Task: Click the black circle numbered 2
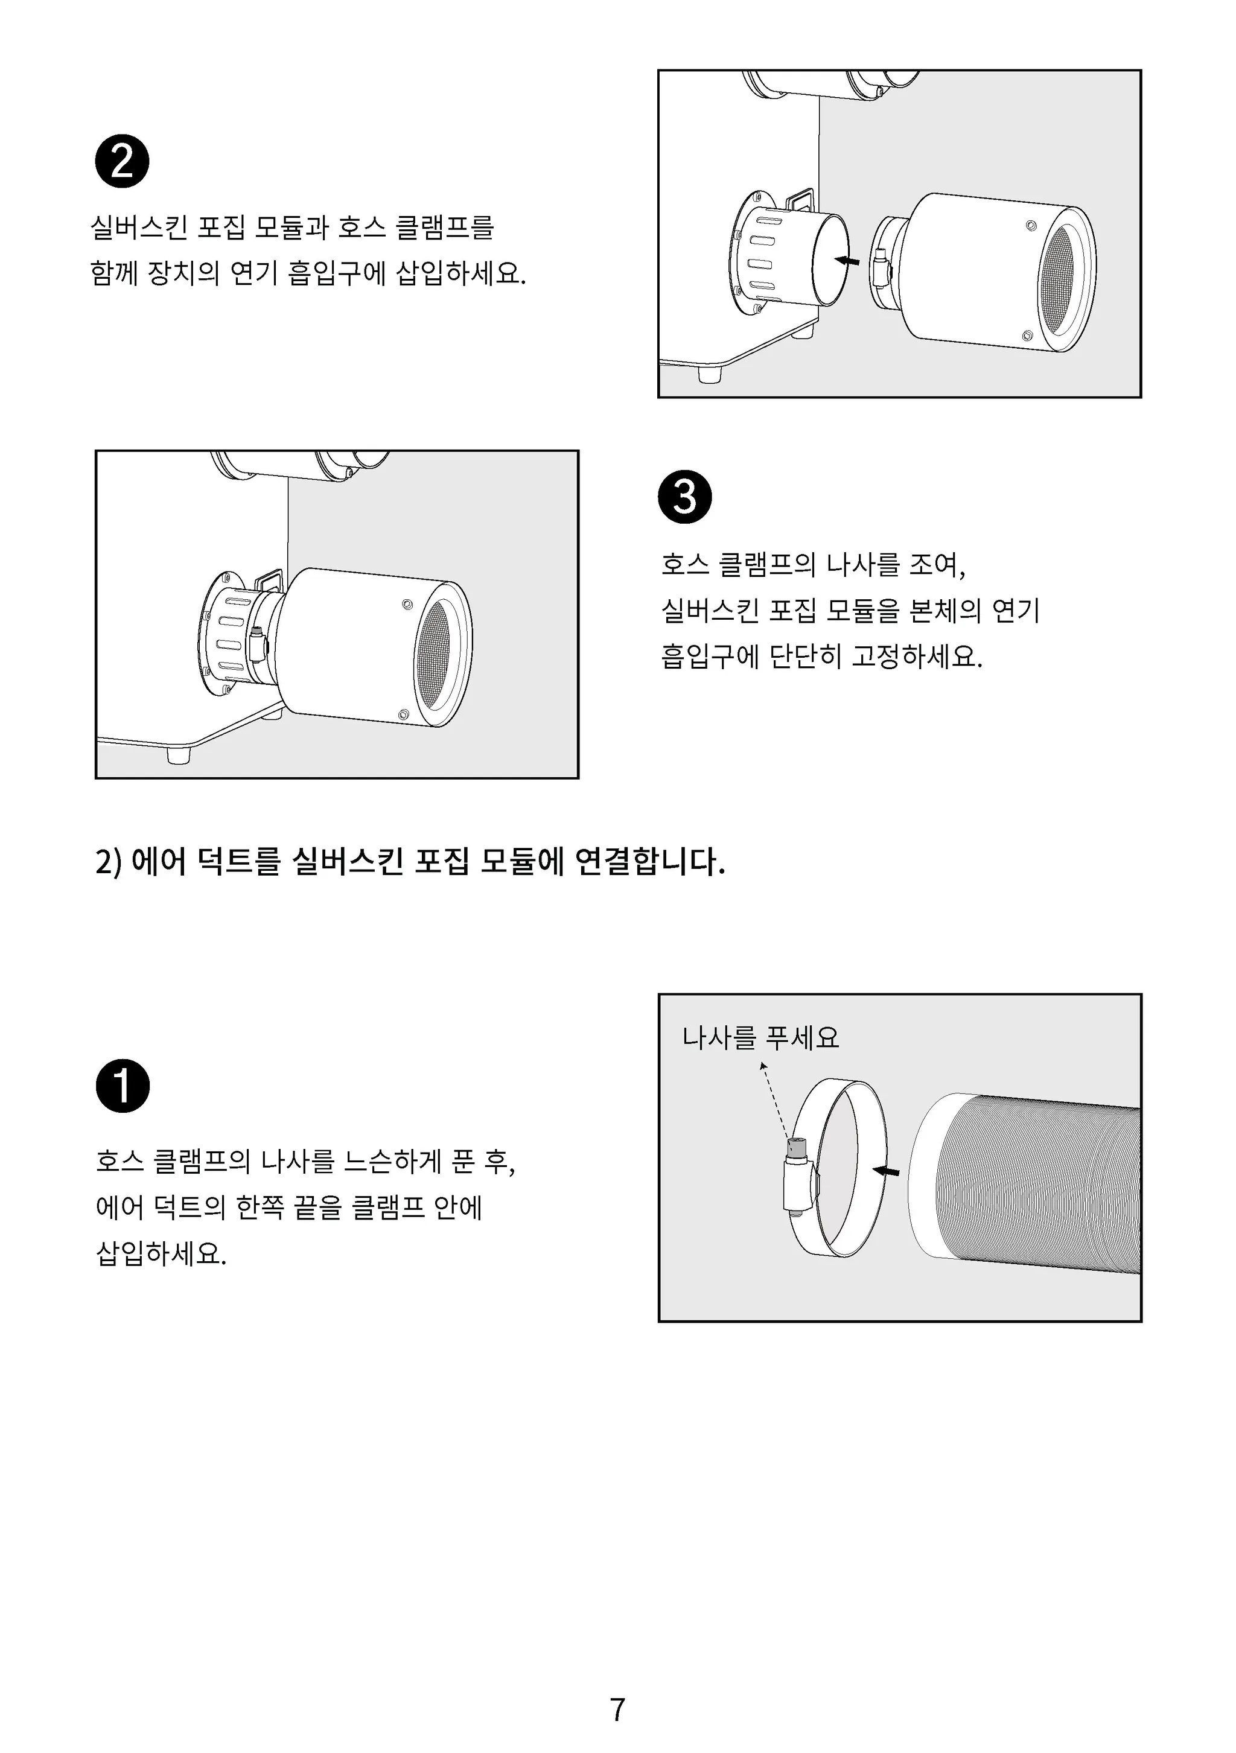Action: (122, 161)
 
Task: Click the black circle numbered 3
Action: (685, 496)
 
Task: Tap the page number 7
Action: (617, 1710)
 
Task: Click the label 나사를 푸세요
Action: (760, 1037)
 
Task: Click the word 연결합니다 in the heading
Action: (649, 861)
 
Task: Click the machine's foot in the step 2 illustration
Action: (710, 375)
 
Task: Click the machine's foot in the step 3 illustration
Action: (178, 755)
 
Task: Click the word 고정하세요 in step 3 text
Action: (916, 655)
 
